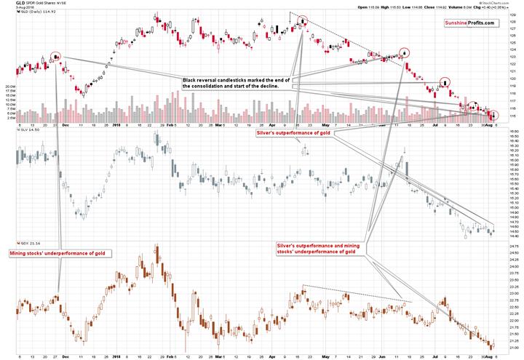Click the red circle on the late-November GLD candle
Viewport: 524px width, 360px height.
56,56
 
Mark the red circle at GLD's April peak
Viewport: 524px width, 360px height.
302,21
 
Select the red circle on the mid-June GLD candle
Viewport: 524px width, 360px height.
405,52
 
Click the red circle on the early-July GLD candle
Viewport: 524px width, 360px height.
444,82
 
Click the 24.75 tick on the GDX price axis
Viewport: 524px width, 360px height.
514,247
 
